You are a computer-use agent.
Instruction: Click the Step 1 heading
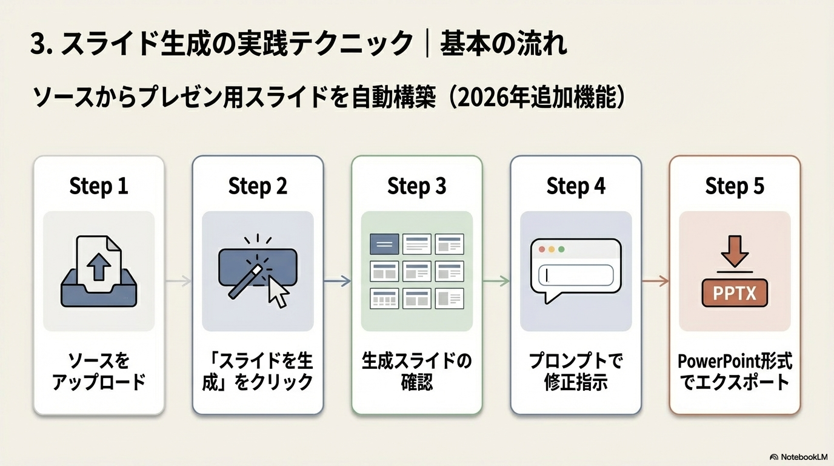99,186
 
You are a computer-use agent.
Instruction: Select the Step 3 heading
416,186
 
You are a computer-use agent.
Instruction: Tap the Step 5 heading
734,186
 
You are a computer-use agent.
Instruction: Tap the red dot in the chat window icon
541,249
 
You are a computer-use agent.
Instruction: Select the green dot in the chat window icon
561,249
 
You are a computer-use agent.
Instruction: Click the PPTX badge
734,293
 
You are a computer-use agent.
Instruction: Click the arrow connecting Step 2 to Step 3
338,280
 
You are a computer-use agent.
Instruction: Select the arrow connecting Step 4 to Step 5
655,280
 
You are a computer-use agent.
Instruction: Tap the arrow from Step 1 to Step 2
179,280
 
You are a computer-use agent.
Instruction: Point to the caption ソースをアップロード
99,373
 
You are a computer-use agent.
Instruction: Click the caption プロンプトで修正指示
575,373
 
